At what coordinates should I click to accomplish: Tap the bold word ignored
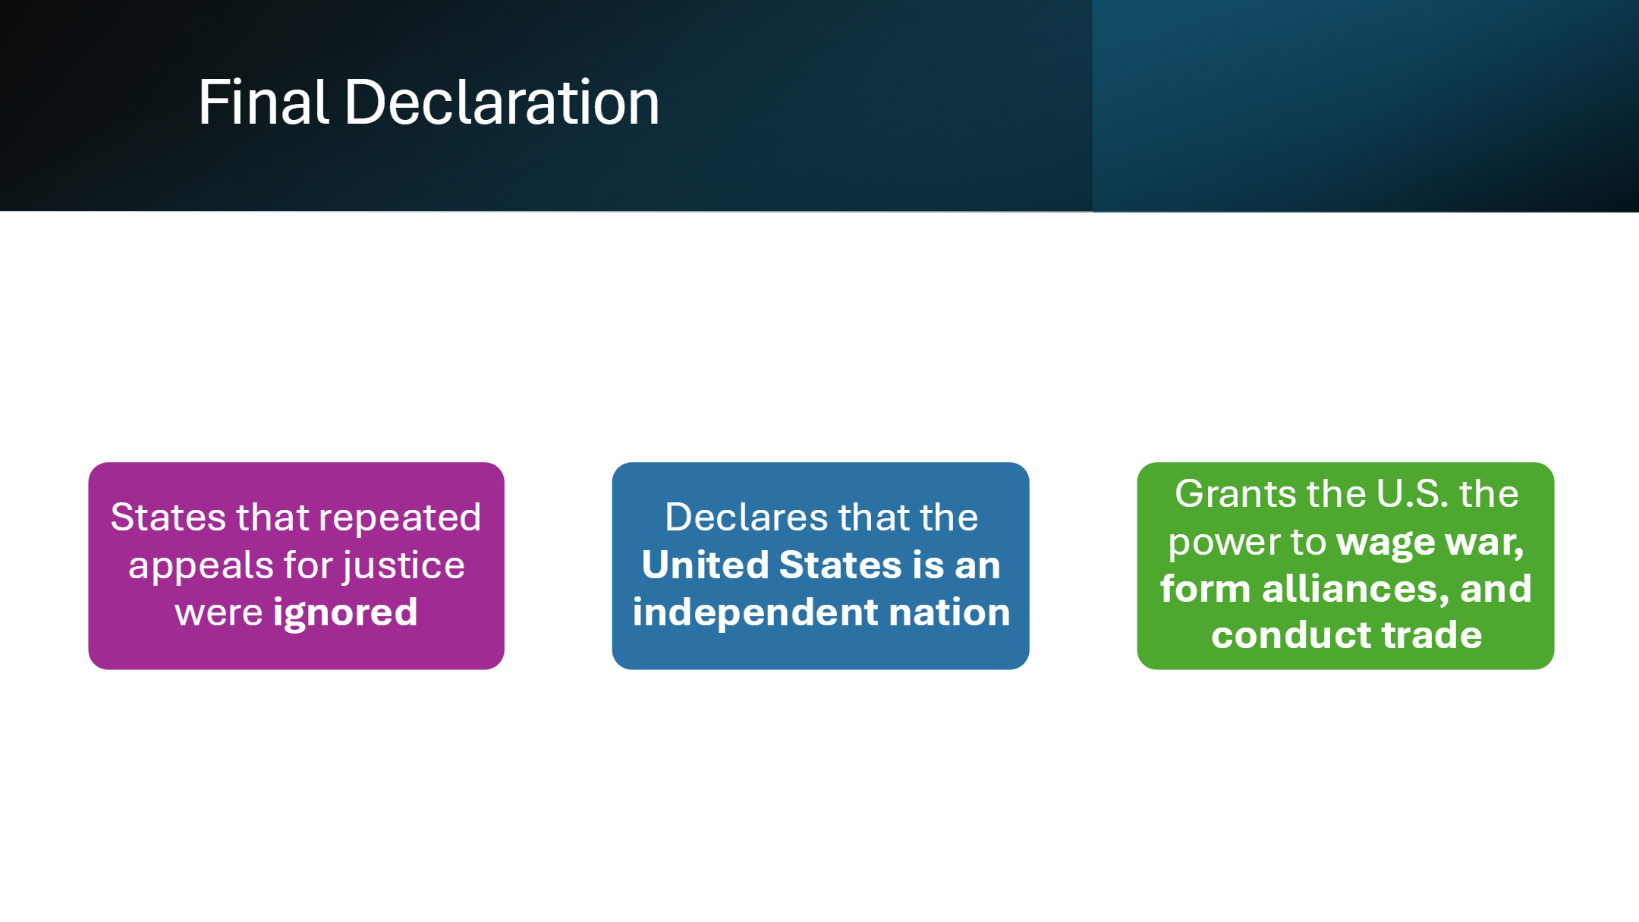[x=345, y=613]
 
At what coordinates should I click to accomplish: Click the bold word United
[x=706, y=565]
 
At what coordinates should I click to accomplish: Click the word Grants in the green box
[x=1232, y=495]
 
